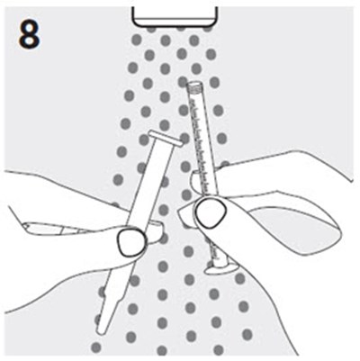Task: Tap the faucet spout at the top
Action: click(175, 16)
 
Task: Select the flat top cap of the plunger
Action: click(166, 139)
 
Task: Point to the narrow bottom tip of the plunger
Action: click(102, 328)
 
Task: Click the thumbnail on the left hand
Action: click(131, 242)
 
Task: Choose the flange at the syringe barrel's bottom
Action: click(220, 268)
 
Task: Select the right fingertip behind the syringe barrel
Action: click(194, 183)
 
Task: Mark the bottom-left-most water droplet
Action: click(96, 347)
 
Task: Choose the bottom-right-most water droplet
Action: click(247, 334)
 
